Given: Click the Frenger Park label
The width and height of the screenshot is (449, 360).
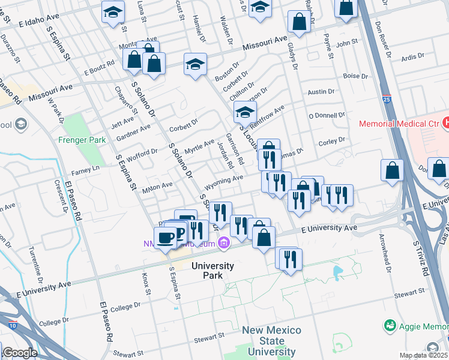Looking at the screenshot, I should coord(82,140).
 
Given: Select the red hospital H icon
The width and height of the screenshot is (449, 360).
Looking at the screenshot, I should coord(445,123).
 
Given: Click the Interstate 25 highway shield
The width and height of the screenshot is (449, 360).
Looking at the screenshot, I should coord(385,98).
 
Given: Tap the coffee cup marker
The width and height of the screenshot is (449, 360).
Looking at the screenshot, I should coord(165,238).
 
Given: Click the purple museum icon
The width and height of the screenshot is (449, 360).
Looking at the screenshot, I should coord(224,243).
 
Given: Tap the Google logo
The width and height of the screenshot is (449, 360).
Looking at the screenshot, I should coord(19,353).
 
